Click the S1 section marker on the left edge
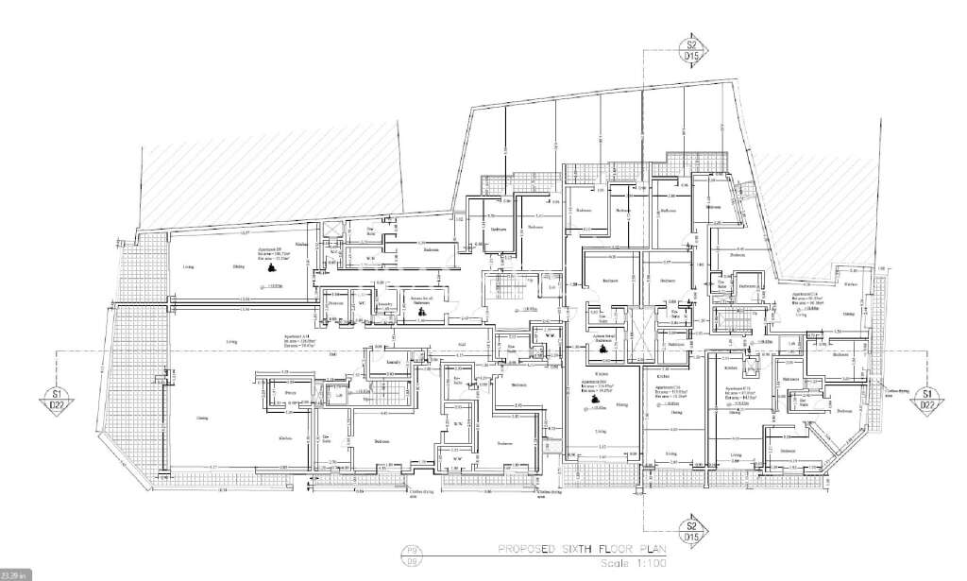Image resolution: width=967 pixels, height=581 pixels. point(58,399)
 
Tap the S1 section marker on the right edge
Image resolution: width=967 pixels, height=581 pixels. point(928,399)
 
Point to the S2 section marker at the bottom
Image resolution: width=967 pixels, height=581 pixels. point(692,531)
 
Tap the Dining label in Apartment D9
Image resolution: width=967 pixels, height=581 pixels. point(239,267)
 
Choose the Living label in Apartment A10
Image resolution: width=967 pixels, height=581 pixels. point(230,341)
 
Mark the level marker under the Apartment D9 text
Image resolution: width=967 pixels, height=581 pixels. point(275,285)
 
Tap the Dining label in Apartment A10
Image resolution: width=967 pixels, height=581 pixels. point(202,418)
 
